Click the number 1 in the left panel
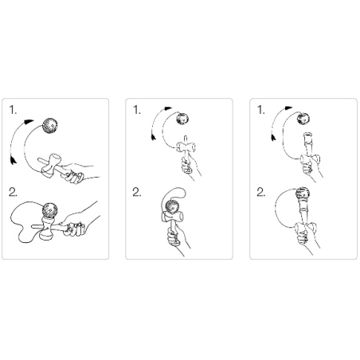coord(13,110)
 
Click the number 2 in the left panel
coord(13,192)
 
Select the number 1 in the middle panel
coord(137,110)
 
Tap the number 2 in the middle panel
coord(137,192)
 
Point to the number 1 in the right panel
coord(261,110)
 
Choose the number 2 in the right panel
coord(261,192)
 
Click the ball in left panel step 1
coord(50,126)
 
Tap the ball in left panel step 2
coord(49,210)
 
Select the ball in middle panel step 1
coord(182,119)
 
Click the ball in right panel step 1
coord(303,119)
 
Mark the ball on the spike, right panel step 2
coord(303,194)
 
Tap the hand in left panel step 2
coord(79,223)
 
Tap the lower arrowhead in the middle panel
coord(153,137)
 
